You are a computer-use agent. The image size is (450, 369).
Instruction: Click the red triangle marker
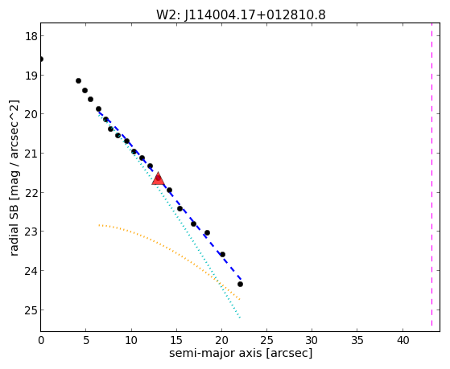coord(158,179)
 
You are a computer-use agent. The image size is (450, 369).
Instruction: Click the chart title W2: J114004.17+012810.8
coord(241,14)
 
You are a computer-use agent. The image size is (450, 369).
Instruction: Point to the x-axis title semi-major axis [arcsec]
coord(241,353)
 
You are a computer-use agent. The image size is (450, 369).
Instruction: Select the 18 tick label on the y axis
coord(31,36)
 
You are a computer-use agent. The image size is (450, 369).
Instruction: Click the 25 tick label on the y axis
coord(31,310)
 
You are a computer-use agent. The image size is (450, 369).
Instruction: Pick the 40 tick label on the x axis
coord(403,341)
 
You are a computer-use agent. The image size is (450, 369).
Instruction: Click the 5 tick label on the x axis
coord(86,341)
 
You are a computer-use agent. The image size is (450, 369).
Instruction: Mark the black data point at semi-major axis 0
coord(41,59)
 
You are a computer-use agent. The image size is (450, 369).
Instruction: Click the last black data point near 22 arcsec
coord(240,284)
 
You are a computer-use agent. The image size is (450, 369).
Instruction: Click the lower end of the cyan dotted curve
coord(240,318)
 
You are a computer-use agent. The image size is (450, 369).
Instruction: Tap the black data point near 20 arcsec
coord(222,254)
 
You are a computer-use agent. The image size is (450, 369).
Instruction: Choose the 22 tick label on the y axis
coord(31,193)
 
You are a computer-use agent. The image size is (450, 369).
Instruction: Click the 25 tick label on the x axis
coord(267,341)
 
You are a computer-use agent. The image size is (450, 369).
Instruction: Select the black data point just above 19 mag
coord(78,81)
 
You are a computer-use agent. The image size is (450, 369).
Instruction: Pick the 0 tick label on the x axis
coord(41,341)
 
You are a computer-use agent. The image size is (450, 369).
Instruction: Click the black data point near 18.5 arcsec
coord(207,233)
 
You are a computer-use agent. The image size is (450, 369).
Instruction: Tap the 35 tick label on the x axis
coord(357,341)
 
